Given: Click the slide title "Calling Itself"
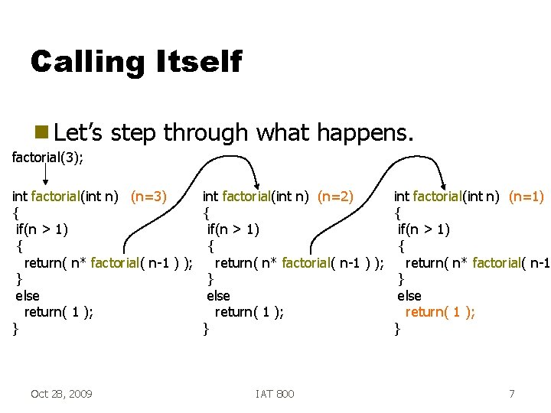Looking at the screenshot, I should click(135, 61).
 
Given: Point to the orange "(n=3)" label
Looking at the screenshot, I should click(148, 197).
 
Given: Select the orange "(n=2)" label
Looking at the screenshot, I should click(335, 197).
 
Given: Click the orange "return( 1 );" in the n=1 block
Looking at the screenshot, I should click(440, 312).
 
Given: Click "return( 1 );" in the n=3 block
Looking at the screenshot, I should click(59, 312).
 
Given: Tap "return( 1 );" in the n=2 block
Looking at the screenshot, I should click(249, 312).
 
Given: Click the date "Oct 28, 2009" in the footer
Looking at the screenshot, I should click(61, 394).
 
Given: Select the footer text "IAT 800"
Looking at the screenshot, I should click(275, 394).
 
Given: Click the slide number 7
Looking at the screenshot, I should click(511, 394).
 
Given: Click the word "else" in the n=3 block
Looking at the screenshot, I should click(28, 295).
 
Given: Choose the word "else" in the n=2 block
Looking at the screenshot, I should click(218, 295).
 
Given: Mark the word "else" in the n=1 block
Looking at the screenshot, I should click(409, 295).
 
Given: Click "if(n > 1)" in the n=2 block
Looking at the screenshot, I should click(233, 229).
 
